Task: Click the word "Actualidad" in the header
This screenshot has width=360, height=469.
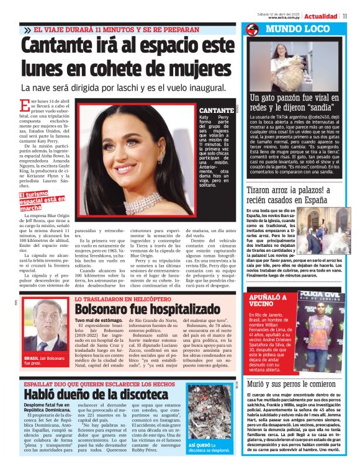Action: point(321,16)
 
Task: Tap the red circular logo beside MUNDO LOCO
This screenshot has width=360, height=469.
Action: point(252,30)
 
